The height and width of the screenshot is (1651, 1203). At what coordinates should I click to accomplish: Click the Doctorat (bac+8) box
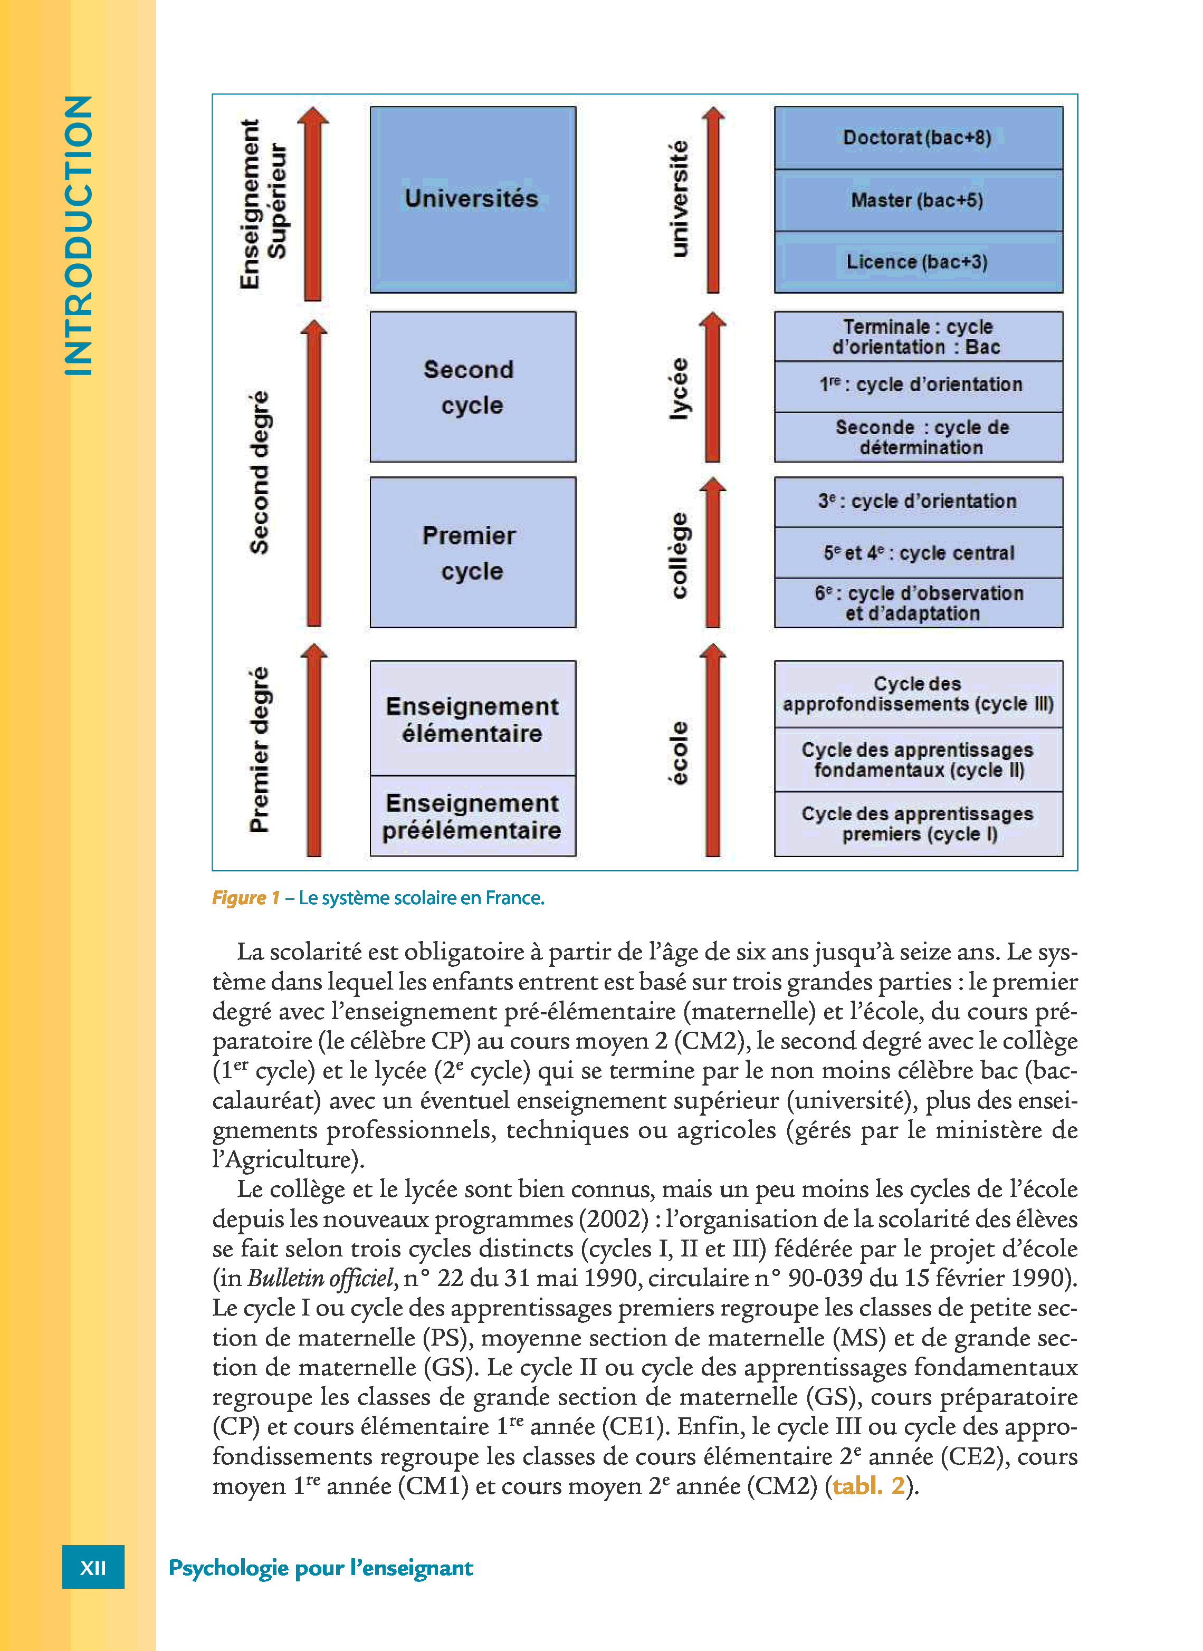point(918,138)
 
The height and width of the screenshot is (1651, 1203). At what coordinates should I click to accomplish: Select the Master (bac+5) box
point(918,200)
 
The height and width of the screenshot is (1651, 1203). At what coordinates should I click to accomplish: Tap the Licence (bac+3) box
point(918,262)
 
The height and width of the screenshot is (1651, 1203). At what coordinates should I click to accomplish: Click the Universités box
point(473,199)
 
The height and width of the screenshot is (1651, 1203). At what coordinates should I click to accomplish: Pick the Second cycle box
point(473,387)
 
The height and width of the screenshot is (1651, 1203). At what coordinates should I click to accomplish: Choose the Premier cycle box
point(473,552)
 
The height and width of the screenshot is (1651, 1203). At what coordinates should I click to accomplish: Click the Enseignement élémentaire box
point(473,718)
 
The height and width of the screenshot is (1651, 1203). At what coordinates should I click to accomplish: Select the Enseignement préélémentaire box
point(473,816)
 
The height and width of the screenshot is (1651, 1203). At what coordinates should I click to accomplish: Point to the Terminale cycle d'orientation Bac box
point(918,337)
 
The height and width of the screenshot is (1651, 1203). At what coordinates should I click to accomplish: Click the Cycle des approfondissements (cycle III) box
point(918,694)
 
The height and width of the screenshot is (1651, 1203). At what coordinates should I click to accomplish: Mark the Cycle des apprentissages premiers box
point(918,824)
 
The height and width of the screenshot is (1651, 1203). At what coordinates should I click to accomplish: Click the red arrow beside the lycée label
point(713,387)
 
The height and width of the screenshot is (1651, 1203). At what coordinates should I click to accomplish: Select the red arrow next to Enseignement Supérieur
point(313,204)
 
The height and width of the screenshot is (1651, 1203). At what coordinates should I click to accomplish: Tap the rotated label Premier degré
point(259,750)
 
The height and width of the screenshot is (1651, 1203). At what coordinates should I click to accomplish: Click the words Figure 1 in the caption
point(245,898)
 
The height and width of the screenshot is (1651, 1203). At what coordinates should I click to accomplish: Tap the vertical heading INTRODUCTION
point(79,235)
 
